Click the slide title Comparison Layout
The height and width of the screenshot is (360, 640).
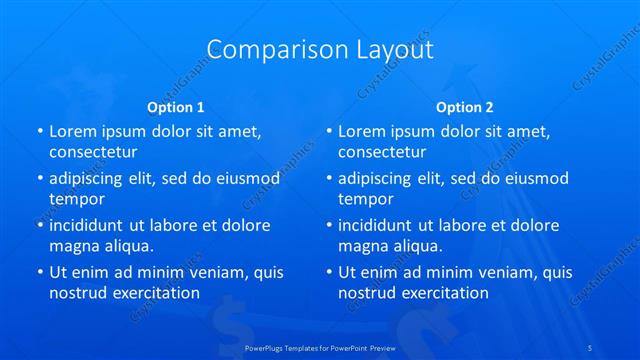click(x=320, y=49)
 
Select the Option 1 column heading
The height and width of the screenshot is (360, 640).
click(x=176, y=106)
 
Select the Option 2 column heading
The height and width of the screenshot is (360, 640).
click(x=465, y=106)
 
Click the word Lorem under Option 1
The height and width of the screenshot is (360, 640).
click(x=71, y=131)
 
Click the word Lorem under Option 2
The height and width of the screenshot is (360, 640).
click(x=360, y=131)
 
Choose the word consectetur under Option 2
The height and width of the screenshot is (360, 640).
click(x=382, y=152)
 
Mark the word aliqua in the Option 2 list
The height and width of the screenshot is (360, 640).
click(x=417, y=246)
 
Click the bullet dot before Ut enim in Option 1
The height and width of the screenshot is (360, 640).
click(x=39, y=272)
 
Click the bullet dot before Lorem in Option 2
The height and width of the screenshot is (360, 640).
click(x=328, y=131)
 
